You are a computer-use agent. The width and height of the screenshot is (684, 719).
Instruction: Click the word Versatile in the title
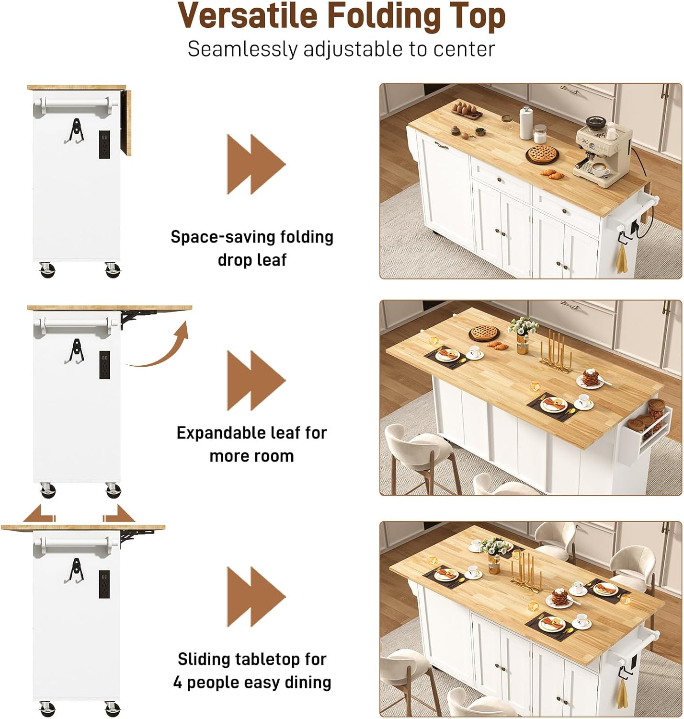pyautogui.click(x=248, y=16)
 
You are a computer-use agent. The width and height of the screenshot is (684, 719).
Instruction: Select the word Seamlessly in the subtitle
pyautogui.click(x=241, y=49)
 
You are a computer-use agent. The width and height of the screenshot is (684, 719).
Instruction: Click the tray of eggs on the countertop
pyautogui.click(x=466, y=109)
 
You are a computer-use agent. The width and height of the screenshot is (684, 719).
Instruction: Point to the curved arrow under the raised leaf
pyautogui.click(x=160, y=348)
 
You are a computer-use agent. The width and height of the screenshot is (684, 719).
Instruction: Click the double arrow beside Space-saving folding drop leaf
pyautogui.click(x=255, y=164)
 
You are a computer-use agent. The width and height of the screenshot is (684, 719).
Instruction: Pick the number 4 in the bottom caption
pyautogui.click(x=178, y=682)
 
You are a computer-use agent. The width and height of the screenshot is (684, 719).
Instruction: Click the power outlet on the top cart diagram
pyautogui.click(x=104, y=144)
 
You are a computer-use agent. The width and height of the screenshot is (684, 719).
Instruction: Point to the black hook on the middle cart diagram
pyautogui.click(x=76, y=351)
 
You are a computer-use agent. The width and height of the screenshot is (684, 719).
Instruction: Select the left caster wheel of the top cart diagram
pyautogui.click(x=47, y=269)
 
